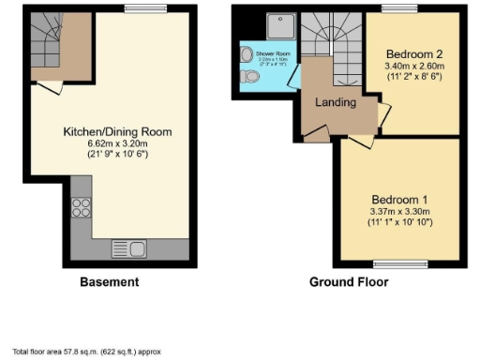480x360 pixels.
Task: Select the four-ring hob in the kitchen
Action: point(80,208)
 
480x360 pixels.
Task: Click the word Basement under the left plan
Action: point(110,282)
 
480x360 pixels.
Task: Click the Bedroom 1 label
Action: point(399,200)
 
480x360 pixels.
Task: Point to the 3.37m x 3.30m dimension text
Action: point(399,212)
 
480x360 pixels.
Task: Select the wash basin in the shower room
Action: point(246,54)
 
